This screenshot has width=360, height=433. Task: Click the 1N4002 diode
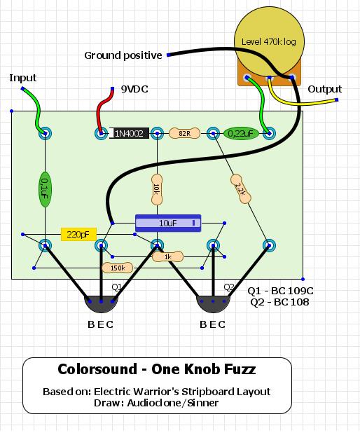[x=129, y=133]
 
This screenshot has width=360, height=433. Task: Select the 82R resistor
[x=184, y=133]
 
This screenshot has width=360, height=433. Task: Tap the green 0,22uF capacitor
[x=241, y=134]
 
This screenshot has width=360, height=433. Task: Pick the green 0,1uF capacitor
[x=45, y=189]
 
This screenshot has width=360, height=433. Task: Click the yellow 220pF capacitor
[x=78, y=235]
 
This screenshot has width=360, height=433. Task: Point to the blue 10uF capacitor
[x=168, y=223]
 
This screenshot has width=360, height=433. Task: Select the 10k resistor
[x=157, y=189]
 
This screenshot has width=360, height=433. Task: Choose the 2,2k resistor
[x=240, y=189]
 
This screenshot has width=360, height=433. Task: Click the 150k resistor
[x=118, y=268]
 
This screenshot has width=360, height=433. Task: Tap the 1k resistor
[x=167, y=256]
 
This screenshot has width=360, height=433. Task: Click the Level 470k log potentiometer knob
[x=269, y=41]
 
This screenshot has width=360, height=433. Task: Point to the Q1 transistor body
[x=101, y=304]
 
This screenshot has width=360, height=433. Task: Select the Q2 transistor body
[x=213, y=304]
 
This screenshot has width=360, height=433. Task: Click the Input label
[x=23, y=78]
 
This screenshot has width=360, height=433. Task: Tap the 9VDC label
[x=134, y=89]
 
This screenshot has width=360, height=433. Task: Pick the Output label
[x=325, y=89]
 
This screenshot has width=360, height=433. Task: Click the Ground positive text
[x=123, y=55]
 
